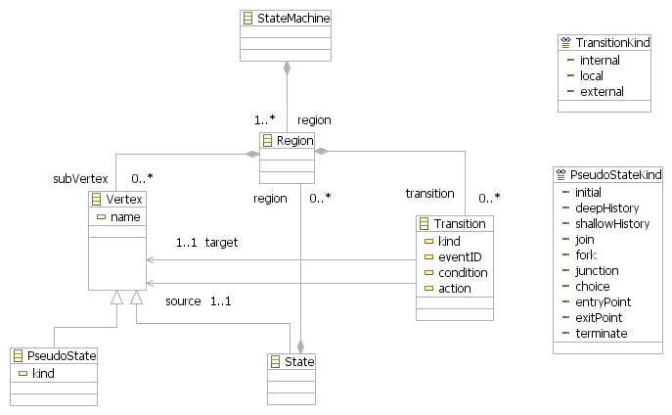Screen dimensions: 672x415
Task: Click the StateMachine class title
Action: (293, 19)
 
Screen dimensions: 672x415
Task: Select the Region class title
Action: (294, 141)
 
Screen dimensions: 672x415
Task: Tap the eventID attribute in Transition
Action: (460, 256)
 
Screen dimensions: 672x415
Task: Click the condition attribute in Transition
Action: (463, 273)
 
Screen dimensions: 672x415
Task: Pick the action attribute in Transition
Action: (455, 289)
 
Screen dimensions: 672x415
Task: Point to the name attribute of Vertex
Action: (125, 217)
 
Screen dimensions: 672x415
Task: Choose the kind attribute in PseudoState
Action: (43, 373)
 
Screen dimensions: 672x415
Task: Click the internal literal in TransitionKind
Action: (600, 60)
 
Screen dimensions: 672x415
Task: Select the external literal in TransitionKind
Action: (602, 91)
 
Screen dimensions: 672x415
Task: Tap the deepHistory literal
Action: (606, 207)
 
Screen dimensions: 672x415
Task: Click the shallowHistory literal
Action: (612, 224)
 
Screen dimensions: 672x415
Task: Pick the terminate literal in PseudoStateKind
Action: (602, 333)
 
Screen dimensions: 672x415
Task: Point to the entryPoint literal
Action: (603, 301)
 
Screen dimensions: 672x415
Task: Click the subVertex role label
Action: (80, 178)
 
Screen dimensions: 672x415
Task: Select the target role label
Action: (221, 242)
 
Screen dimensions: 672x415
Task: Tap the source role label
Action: (183, 300)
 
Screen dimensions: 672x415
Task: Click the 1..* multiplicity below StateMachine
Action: (264, 120)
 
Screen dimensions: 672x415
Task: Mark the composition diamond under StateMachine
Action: (288, 68)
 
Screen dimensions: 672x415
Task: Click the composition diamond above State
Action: (300, 346)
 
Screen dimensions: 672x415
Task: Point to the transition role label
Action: (429, 194)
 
